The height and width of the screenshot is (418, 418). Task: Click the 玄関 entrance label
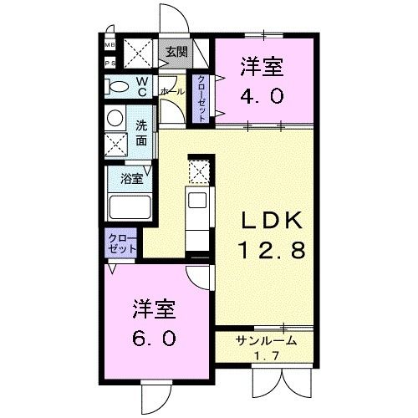[x=176, y=52]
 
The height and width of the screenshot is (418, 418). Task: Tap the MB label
[x=110, y=46]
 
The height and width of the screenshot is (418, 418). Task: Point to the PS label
[x=110, y=64]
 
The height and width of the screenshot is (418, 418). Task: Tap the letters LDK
[x=266, y=221]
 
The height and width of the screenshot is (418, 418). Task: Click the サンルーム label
[x=267, y=340]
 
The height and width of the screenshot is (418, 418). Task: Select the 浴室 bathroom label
[x=131, y=178]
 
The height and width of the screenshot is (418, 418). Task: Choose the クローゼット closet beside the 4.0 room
[x=201, y=99]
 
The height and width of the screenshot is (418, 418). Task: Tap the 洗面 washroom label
[x=141, y=132]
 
